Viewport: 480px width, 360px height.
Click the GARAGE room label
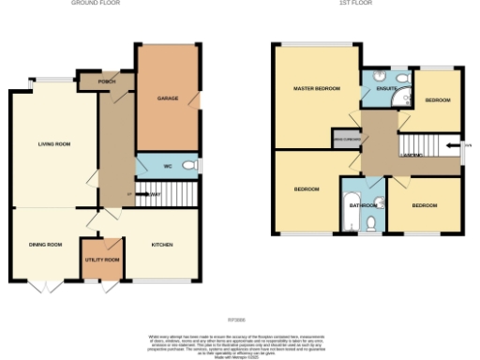pyautogui.click(x=168, y=97)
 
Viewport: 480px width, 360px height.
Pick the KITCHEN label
pyautogui.click(x=163, y=244)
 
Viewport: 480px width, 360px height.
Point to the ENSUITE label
pyautogui.click(x=387, y=89)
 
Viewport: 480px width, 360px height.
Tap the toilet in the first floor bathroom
pyautogui.click(x=372, y=222)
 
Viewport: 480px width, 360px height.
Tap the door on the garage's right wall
pyautogui.click(x=197, y=99)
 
